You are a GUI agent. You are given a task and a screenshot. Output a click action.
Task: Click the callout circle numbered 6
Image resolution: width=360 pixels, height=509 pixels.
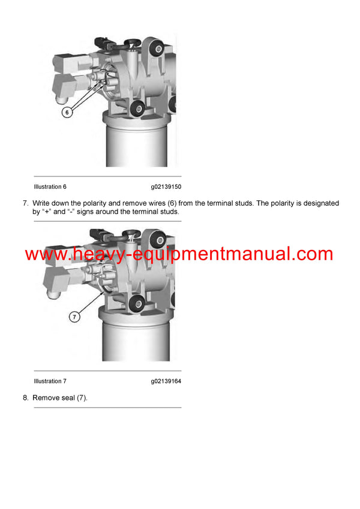[67, 112]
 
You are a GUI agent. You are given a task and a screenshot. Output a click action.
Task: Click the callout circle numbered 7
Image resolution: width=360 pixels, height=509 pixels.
[74, 317]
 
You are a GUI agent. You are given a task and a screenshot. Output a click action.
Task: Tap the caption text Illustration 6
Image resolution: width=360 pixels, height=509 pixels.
[50, 186]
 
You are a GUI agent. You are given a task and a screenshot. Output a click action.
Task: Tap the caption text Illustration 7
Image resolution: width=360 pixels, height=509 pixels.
[50, 381]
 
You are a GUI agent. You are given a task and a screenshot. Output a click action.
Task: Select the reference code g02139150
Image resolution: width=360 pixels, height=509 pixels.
[166, 186]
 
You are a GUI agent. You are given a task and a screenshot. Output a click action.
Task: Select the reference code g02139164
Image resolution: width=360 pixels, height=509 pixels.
[166, 381]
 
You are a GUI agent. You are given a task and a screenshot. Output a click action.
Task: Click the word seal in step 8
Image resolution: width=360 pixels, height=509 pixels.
[68, 398]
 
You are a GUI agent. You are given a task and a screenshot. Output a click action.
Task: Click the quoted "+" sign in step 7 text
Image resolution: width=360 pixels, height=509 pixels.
[46, 212]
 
